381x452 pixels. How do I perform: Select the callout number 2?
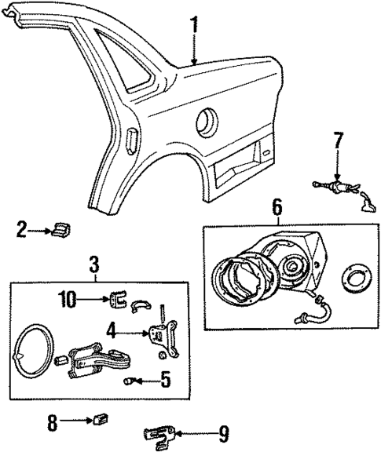coord(20,230)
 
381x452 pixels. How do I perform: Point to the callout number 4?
coord(112,332)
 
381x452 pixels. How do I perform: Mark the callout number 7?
coord(337,142)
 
